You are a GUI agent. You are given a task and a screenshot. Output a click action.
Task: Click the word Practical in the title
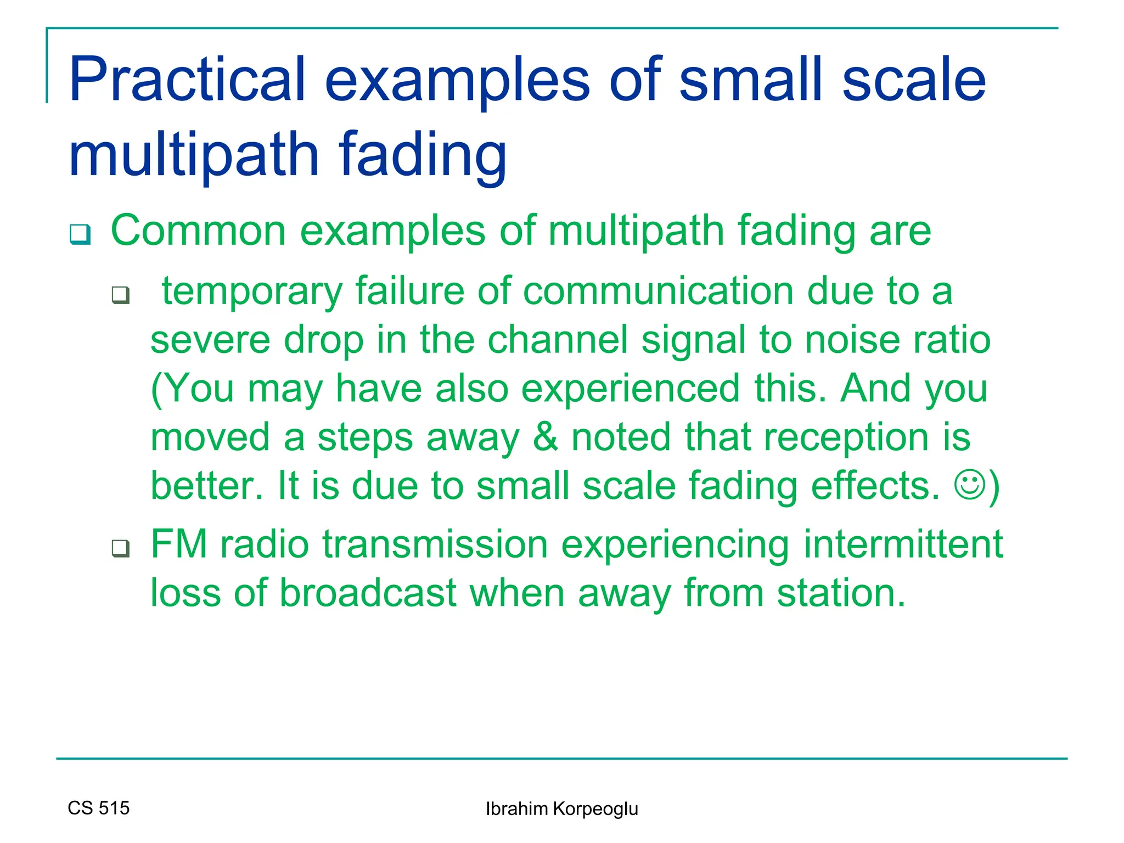187,81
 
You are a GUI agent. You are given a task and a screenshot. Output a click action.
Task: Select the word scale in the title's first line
914,81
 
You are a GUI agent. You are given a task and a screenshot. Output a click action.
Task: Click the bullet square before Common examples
80,234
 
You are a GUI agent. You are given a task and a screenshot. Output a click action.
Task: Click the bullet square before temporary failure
121,295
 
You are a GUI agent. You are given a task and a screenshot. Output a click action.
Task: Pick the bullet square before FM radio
121,548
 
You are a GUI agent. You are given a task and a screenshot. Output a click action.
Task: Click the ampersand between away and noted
546,437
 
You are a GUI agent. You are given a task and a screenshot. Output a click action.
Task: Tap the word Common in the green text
198,231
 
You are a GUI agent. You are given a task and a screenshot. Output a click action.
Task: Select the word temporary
252,291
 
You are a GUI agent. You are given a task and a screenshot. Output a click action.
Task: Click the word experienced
631,389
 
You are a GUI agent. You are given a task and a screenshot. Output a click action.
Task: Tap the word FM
179,544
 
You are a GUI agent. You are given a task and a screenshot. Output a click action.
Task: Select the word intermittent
903,544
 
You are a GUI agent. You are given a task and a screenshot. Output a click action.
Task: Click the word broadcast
368,593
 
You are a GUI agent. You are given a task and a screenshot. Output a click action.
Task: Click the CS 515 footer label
99,808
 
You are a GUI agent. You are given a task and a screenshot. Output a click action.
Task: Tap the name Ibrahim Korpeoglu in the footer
561,809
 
